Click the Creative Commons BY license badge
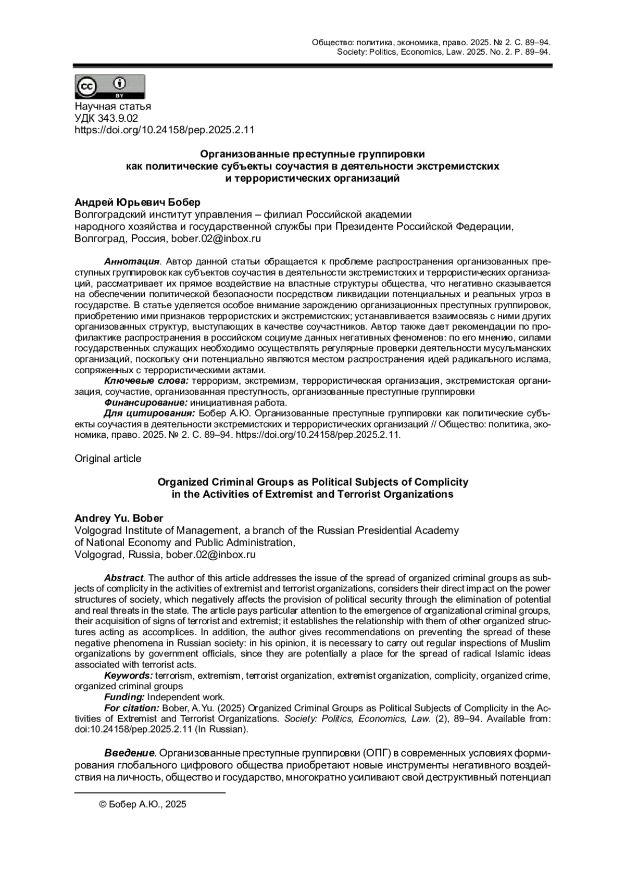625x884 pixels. pyautogui.click(x=110, y=86)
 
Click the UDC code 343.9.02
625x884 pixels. pyautogui.click(x=106, y=118)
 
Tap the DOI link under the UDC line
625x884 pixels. pyautogui.click(x=164, y=130)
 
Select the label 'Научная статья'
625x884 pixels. pyautogui.click(x=113, y=106)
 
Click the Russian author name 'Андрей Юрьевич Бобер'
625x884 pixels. pyautogui.click(x=137, y=202)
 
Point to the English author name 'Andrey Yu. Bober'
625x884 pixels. pyautogui.click(x=119, y=518)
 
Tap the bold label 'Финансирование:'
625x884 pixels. pyautogui.click(x=145, y=402)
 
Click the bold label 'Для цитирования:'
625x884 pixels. pyautogui.click(x=149, y=413)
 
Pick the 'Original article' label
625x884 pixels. pyautogui.click(x=108, y=459)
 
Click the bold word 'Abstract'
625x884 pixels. pyautogui.click(x=123, y=578)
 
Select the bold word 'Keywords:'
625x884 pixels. pyautogui.click(x=128, y=676)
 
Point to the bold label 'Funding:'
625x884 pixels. pyautogui.click(x=124, y=697)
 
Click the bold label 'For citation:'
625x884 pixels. pyautogui.click(x=132, y=708)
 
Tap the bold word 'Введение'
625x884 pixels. pyautogui.click(x=129, y=753)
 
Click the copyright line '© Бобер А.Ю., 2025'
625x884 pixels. pyautogui.click(x=142, y=804)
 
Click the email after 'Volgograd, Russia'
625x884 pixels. pyautogui.click(x=211, y=554)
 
